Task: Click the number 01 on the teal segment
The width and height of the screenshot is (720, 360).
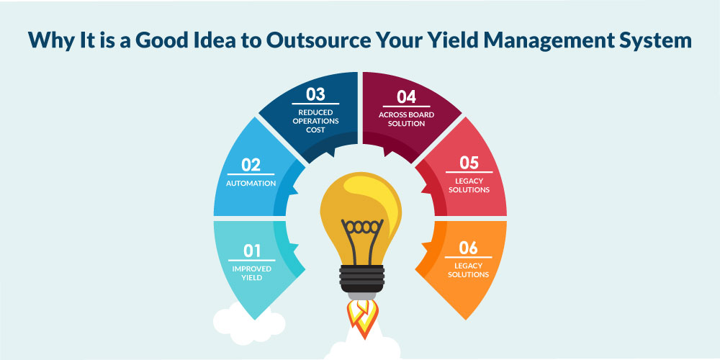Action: click(x=251, y=251)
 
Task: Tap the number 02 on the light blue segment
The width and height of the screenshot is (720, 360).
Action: click(x=251, y=165)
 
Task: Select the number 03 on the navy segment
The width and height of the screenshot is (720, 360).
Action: click(x=315, y=94)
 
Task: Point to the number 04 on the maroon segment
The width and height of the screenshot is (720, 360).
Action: click(x=406, y=97)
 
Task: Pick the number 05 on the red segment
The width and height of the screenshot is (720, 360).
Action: click(x=469, y=163)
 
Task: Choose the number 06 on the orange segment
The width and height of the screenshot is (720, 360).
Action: click(x=469, y=248)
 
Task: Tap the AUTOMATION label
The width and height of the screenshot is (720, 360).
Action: click(x=251, y=183)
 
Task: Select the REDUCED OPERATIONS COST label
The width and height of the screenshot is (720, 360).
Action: click(x=315, y=121)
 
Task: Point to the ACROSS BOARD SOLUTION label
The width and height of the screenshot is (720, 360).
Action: click(x=406, y=120)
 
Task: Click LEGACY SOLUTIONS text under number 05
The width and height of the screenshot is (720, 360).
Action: click(x=469, y=185)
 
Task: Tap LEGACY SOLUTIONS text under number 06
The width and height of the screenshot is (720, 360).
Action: click(x=469, y=270)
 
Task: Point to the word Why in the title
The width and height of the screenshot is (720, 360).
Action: click(x=49, y=41)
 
